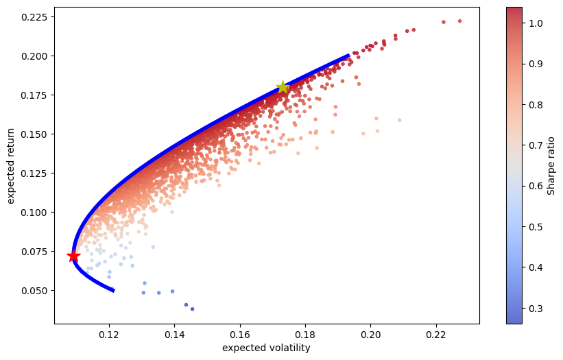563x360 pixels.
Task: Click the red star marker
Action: (x=73, y=256)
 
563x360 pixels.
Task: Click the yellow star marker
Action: (x=283, y=87)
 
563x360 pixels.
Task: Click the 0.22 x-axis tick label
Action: (x=436, y=335)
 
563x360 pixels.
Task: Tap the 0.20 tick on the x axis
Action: (x=371, y=324)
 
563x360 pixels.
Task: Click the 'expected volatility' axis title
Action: (x=267, y=348)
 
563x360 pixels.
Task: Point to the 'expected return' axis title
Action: (x=11, y=165)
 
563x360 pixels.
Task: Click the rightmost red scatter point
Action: (x=459, y=21)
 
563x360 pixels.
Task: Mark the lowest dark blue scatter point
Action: (x=192, y=309)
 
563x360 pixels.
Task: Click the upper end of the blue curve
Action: (x=348, y=56)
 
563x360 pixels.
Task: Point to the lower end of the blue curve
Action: (x=113, y=290)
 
